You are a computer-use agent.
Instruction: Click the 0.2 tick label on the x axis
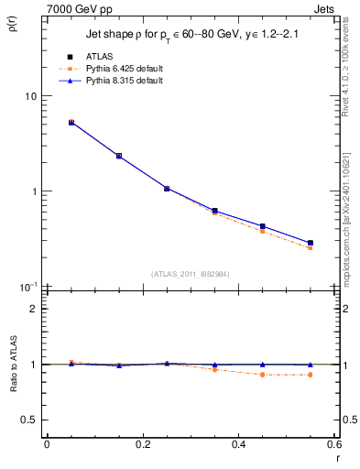click(x=142, y=444)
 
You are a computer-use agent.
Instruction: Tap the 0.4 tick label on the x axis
click(x=238, y=444)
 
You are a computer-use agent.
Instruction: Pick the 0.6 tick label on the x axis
click(x=333, y=444)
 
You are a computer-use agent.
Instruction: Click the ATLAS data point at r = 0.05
click(x=71, y=122)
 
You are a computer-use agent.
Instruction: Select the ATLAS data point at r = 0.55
click(x=311, y=243)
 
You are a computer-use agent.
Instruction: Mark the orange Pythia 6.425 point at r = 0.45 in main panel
click(x=263, y=231)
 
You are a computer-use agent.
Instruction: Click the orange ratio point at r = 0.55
click(x=311, y=375)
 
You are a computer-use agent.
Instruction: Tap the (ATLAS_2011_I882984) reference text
click(x=191, y=273)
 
